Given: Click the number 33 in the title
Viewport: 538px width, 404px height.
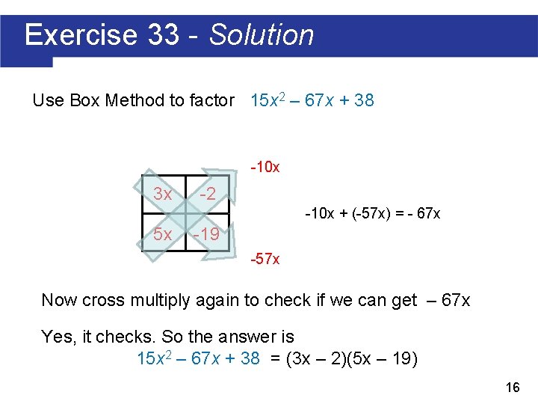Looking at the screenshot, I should [164, 35].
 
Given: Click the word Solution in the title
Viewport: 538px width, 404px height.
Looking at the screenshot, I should [262, 35].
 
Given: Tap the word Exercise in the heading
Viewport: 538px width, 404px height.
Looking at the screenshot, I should [81, 35].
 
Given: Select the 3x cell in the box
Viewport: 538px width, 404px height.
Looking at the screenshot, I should [162, 195].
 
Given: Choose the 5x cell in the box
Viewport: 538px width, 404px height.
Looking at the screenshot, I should [162, 234].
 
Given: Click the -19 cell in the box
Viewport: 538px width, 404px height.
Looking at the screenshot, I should [205, 234].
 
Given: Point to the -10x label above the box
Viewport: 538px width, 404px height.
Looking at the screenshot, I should [265, 167].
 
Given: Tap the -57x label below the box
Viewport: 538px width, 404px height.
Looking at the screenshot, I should [265, 260].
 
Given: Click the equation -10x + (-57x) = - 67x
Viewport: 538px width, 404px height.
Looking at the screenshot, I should [372, 214].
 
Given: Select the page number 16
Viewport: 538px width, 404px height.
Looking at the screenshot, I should [513, 387].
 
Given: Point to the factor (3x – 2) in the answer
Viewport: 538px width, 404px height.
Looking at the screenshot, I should [313, 358].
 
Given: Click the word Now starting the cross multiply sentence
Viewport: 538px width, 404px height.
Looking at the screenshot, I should [59, 301].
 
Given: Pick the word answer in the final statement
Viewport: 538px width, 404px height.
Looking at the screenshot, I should [244, 337].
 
